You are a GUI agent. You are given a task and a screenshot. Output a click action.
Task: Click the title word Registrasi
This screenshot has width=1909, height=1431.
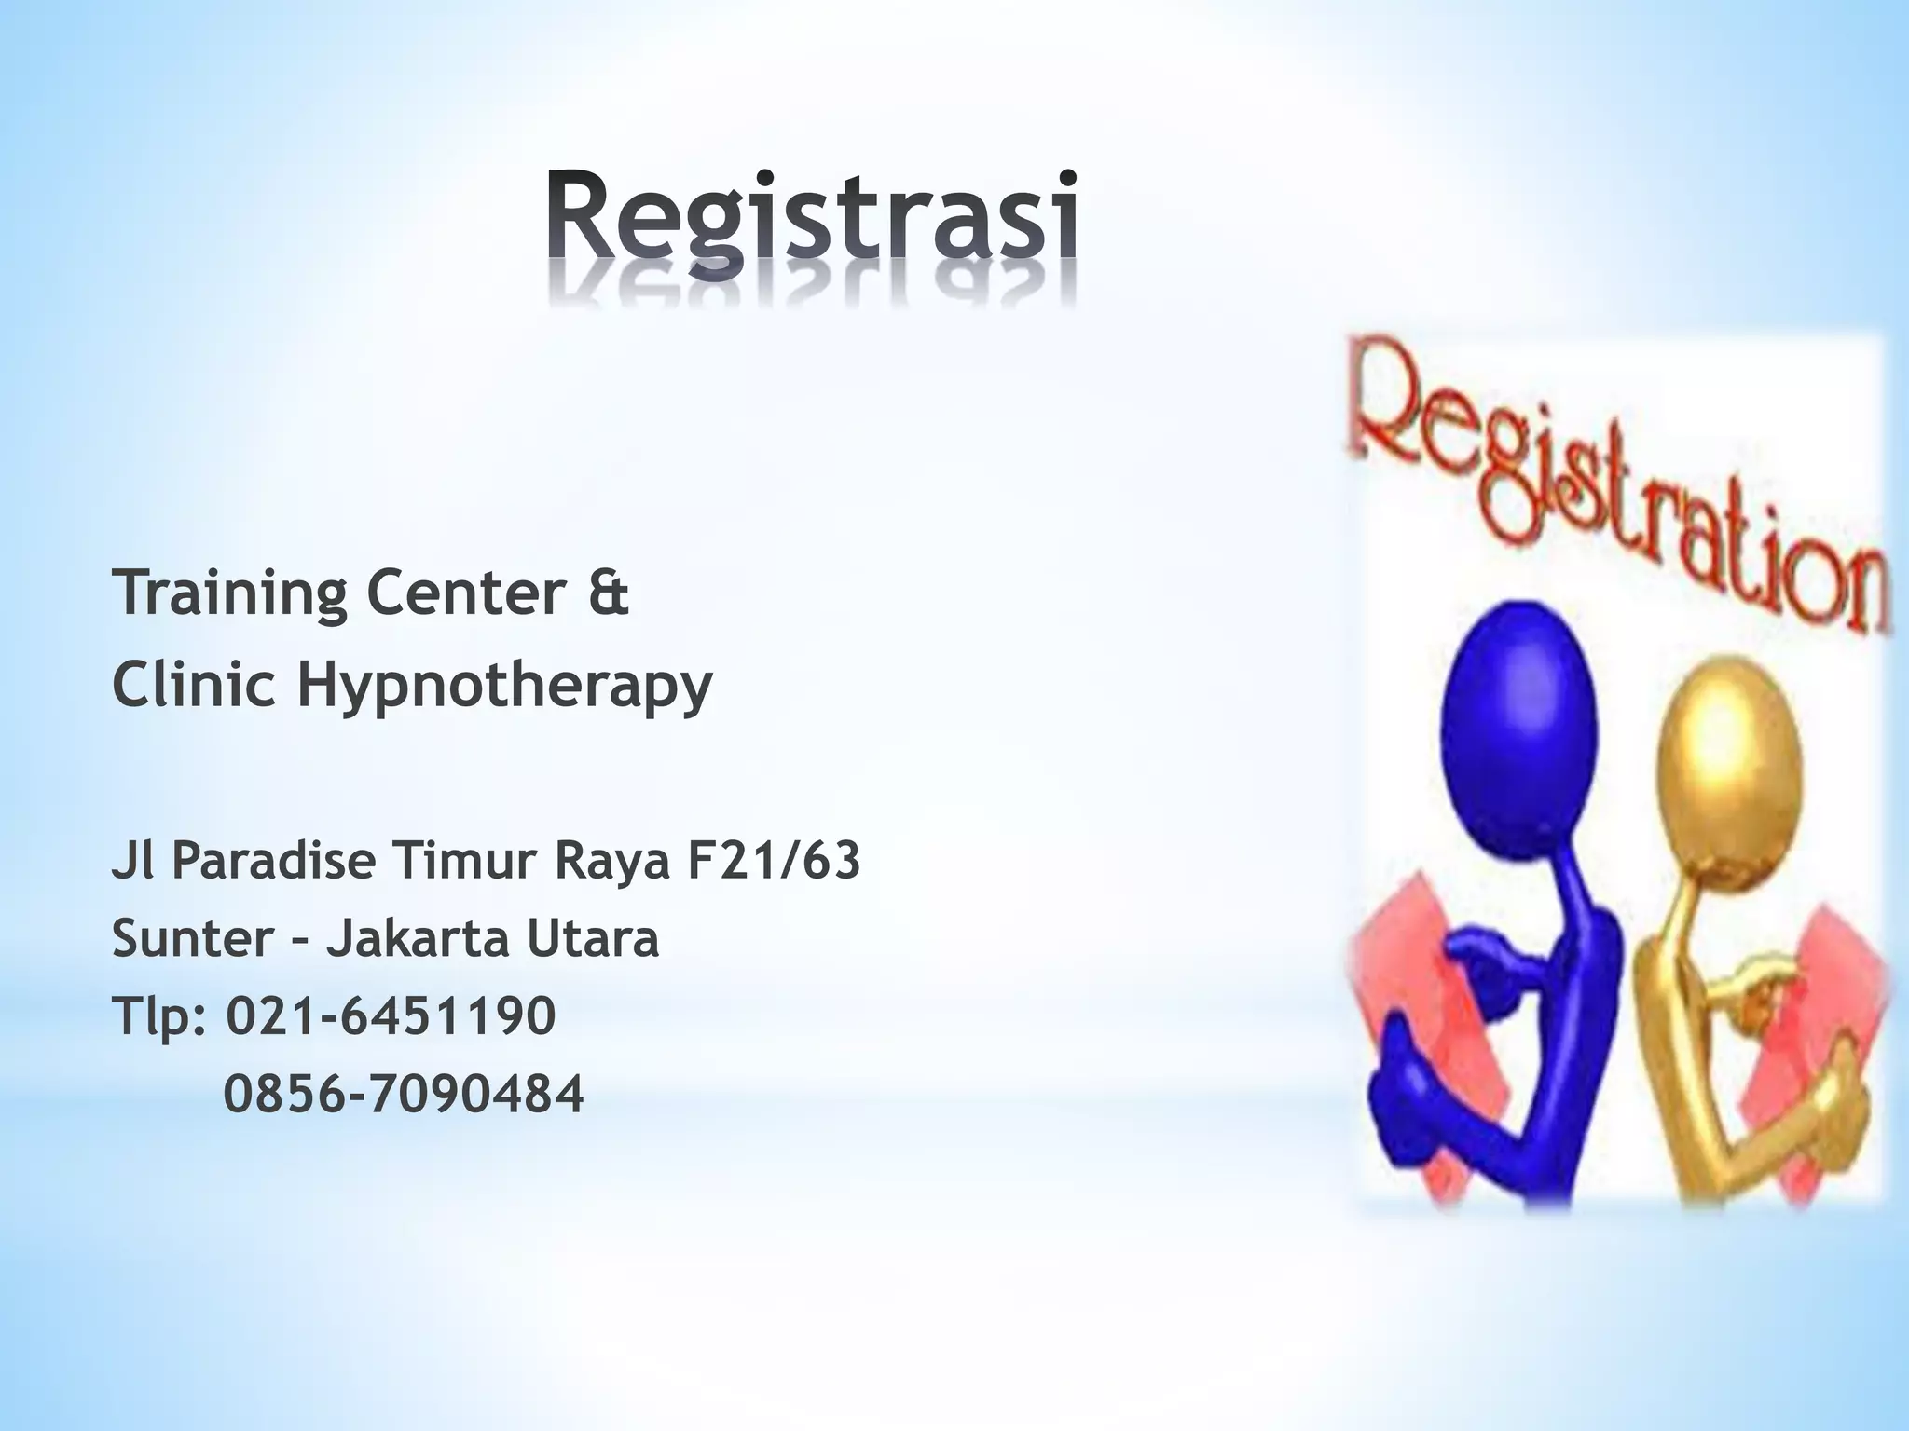[813, 214]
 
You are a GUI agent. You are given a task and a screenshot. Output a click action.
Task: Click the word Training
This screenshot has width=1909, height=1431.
[228, 593]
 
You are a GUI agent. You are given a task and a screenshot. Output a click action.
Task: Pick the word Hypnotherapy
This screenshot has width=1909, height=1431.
[504, 687]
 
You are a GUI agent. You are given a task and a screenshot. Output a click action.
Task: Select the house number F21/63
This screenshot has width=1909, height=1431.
[773, 861]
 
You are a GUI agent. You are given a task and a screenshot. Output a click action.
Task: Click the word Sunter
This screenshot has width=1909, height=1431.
[192, 938]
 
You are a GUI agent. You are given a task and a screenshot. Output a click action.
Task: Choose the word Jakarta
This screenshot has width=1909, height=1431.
[417, 938]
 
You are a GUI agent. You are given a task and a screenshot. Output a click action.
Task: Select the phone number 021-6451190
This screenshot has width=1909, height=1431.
[391, 1015]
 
